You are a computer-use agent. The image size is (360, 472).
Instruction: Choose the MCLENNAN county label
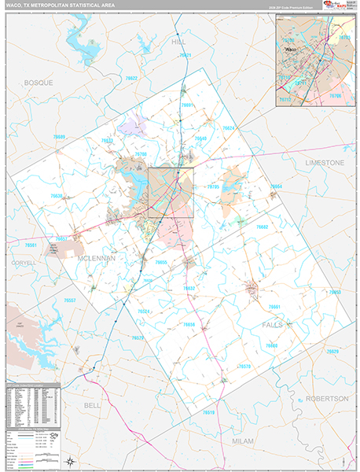coord(97,257)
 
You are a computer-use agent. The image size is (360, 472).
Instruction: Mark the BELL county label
coord(93,404)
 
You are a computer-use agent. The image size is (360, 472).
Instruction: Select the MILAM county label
coord(243,441)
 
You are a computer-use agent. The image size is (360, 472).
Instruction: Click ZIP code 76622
coord(131,79)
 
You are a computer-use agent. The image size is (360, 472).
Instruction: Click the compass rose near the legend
coord(70,461)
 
